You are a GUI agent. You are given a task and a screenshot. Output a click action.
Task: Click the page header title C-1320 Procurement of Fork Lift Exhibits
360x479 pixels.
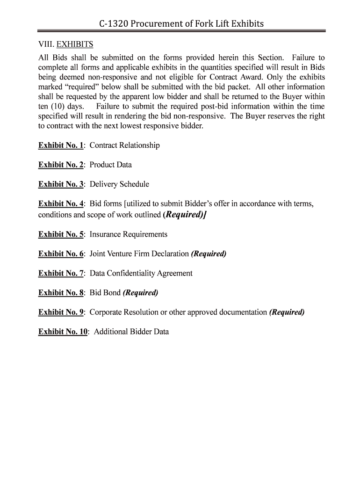pyautogui.click(x=181, y=23)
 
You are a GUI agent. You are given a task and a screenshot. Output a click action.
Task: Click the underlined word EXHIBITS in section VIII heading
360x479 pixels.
pyautogui.click(x=75, y=44)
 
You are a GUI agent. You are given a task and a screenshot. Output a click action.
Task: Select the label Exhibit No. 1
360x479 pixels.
pyautogui.click(x=61, y=145)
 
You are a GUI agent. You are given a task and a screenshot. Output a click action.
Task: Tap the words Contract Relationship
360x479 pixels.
pyautogui.click(x=124, y=145)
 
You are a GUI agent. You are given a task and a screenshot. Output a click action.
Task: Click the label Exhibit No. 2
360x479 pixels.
pyautogui.click(x=61, y=165)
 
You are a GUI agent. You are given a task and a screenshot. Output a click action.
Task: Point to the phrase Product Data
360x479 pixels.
pyautogui.click(x=110, y=165)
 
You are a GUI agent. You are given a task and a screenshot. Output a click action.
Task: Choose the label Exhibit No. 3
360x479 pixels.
pyautogui.click(x=61, y=184)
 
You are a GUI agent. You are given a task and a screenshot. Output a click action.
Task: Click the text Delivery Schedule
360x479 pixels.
pyautogui.click(x=119, y=184)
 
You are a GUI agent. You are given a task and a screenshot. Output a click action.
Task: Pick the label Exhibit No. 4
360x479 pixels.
pyautogui.click(x=61, y=204)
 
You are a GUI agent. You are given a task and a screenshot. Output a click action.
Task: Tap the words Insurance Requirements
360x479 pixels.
pyautogui.click(x=128, y=234)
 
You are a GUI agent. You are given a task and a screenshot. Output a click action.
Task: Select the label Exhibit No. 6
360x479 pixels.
pyautogui.click(x=61, y=254)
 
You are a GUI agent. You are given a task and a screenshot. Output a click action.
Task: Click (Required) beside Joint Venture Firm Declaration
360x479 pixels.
pyautogui.click(x=209, y=254)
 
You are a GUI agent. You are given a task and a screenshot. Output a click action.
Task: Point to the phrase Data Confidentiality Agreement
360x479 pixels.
pyautogui.click(x=141, y=273)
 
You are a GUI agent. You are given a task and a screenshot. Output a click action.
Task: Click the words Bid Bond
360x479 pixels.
pyautogui.click(x=105, y=293)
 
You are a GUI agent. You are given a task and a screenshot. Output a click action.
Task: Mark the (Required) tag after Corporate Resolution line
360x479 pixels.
pyautogui.click(x=287, y=312)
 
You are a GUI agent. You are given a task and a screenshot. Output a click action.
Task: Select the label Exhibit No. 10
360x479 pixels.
pyautogui.click(x=63, y=332)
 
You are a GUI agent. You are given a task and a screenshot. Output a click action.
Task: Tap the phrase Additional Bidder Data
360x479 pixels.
pyautogui.click(x=131, y=332)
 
